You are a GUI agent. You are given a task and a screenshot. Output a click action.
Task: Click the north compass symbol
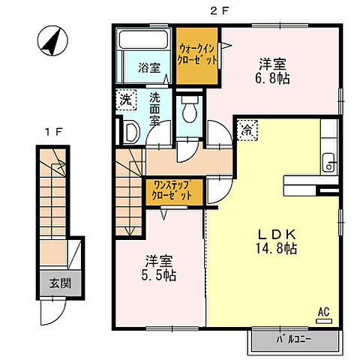tap(52, 40)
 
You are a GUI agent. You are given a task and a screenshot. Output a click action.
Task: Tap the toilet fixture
tap(190, 109)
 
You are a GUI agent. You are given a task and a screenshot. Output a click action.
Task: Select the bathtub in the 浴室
tap(143, 40)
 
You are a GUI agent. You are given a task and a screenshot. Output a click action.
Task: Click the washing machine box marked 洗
tap(126, 100)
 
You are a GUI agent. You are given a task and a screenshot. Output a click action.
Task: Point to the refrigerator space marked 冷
tap(247, 130)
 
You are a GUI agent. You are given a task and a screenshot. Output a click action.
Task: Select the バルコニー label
tap(293, 340)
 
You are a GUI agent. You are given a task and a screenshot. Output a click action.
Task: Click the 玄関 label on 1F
tap(60, 283)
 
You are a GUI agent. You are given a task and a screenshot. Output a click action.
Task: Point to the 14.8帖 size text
tap(276, 248)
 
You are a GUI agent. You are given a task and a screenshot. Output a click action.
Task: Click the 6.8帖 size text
tap(272, 78)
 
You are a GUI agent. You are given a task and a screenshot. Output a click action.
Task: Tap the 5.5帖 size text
tap(159, 275)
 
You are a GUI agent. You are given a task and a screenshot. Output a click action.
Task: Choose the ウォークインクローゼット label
tap(197, 55)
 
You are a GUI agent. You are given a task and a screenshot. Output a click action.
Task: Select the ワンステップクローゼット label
tap(173, 190)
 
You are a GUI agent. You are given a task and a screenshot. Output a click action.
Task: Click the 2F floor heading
tap(220, 11)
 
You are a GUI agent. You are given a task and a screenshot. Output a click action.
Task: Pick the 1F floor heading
tap(53, 132)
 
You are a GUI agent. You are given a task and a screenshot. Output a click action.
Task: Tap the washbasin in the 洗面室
tap(131, 131)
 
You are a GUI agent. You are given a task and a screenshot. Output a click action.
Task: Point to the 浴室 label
tap(149, 67)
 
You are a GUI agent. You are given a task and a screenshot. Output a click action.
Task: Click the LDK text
tap(277, 235)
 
